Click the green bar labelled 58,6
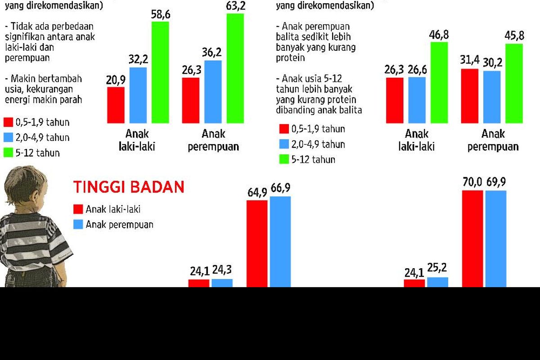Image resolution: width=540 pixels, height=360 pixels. (x=160, y=72)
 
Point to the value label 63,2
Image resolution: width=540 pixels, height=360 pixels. (x=235, y=6)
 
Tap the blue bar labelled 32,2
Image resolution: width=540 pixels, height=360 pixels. (x=138, y=95)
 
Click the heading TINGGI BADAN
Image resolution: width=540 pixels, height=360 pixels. (x=129, y=187)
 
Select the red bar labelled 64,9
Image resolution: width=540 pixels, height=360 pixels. (x=257, y=243)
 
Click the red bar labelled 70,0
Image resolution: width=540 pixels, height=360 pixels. (x=472, y=238)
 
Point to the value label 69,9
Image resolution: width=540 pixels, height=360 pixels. (x=496, y=183)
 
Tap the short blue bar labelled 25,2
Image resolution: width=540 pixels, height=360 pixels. (x=437, y=282)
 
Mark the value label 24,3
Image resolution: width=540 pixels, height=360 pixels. (x=223, y=271)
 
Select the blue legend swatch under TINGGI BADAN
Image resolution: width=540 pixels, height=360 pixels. (x=78, y=224)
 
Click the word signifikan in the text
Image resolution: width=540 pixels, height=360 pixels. (x=26, y=36)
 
